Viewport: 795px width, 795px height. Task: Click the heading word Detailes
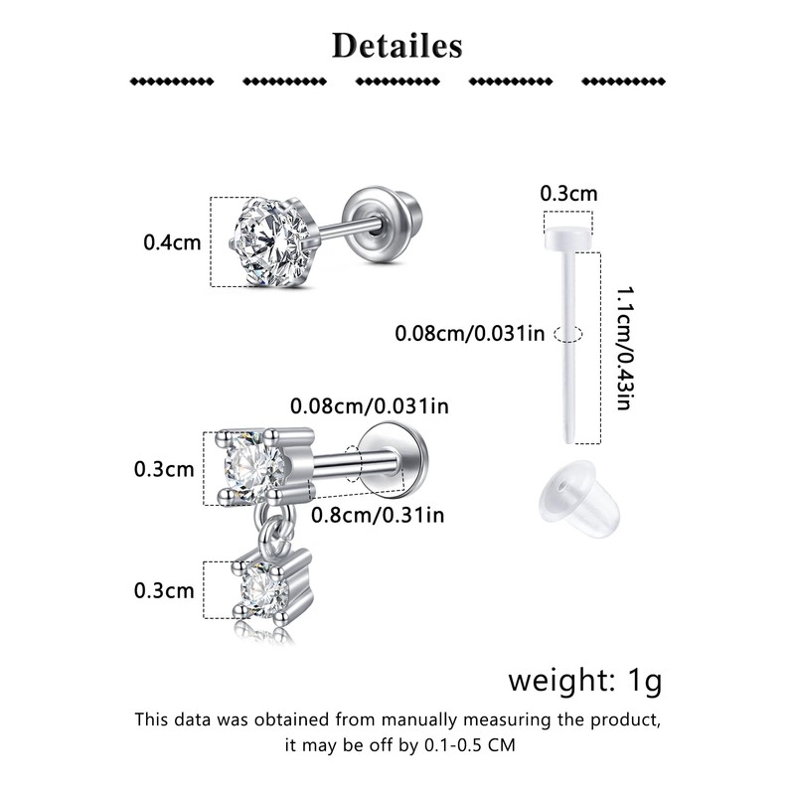[x=397, y=46]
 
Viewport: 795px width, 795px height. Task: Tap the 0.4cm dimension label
[x=172, y=242]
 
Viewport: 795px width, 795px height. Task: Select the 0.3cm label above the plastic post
[x=568, y=193]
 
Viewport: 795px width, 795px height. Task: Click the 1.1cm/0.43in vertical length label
[x=625, y=349]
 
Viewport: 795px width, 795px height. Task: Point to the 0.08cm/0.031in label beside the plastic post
[x=469, y=334]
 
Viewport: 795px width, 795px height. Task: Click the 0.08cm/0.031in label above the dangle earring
[x=370, y=406]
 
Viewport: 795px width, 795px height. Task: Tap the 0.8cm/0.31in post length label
[x=378, y=515]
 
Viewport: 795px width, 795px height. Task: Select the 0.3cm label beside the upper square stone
[x=164, y=469]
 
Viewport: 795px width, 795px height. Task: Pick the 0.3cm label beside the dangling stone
[x=164, y=590]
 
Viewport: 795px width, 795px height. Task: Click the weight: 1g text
[x=585, y=680]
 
